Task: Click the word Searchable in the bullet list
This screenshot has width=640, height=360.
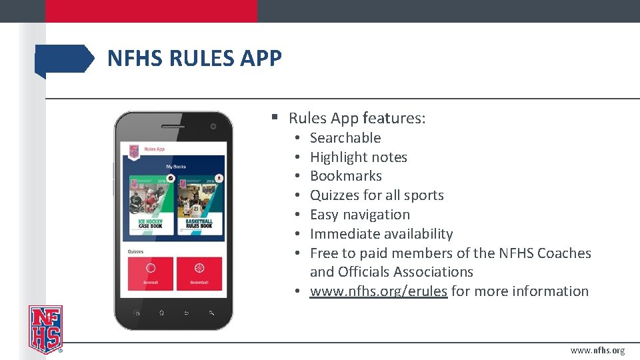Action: pyautogui.click(x=345, y=138)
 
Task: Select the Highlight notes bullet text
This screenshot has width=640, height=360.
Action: pyautogui.click(x=359, y=157)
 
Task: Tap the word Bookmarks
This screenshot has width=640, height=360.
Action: pyautogui.click(x=346, y=176)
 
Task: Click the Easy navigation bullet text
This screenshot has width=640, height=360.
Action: pyautogui.click(x=360, y=215)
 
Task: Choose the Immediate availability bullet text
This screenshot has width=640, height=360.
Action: pyautogui.click(x=381, y=234)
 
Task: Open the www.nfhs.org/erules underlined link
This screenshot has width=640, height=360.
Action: pyautogui.click(x=379, y=291)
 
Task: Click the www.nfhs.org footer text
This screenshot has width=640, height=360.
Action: pyautogui.click(x=597, y=351)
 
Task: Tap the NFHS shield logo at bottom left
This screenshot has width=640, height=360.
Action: pyautogui.click(x=45, y=329)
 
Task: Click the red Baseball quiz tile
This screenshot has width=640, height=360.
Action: pyautogui.click(x=150, y=273)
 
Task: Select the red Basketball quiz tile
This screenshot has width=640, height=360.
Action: pyautogui.click(x=199, y=273)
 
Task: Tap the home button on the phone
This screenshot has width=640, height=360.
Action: pyautogui.click(x=161, y=312)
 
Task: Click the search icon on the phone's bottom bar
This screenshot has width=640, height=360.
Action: pyautogui.click(x=211, y=312)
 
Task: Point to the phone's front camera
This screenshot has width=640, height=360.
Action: pyautogui.click(x=213, y=126)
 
